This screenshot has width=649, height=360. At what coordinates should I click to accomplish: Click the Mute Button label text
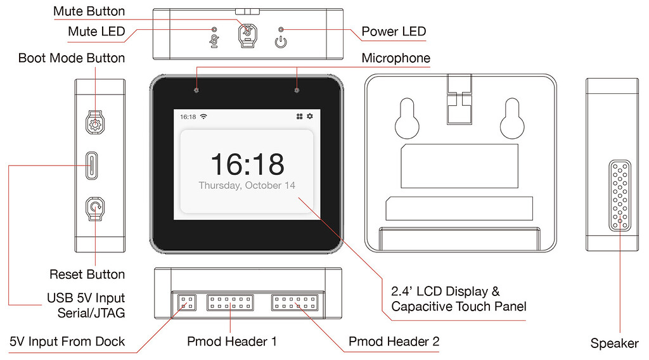pyautogui.click(x=89, y=11)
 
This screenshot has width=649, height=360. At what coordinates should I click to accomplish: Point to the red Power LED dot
pyautogui.click(x=281, y=29)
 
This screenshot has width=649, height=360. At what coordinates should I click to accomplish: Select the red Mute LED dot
pyautogui.click(x=214, y=29)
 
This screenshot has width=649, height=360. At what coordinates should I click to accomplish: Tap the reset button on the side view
pyautogui.click(x=95, y=207)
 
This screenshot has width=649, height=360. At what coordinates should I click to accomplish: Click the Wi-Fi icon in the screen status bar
pyautogui.click(x=203, y=117)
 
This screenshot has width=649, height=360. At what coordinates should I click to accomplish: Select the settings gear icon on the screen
pyautogui.click(x=310, y=117)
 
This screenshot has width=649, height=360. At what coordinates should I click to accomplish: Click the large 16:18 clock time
pyautogui.click(x=247, y=164)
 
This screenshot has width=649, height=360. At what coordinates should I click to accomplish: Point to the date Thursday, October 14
pyautogui.click(x=247, y=186)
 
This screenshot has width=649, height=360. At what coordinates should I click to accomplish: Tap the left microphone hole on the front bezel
pyautogui.click(x=196, y=89)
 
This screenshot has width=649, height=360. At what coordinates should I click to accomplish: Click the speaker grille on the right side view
pyautogui.click(x=620, y=195)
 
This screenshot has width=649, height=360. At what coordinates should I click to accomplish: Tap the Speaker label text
pyautogui.click(x=614, y=344)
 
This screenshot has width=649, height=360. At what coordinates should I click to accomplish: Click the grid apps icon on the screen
pyautogui.click(x=299, y=117)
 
